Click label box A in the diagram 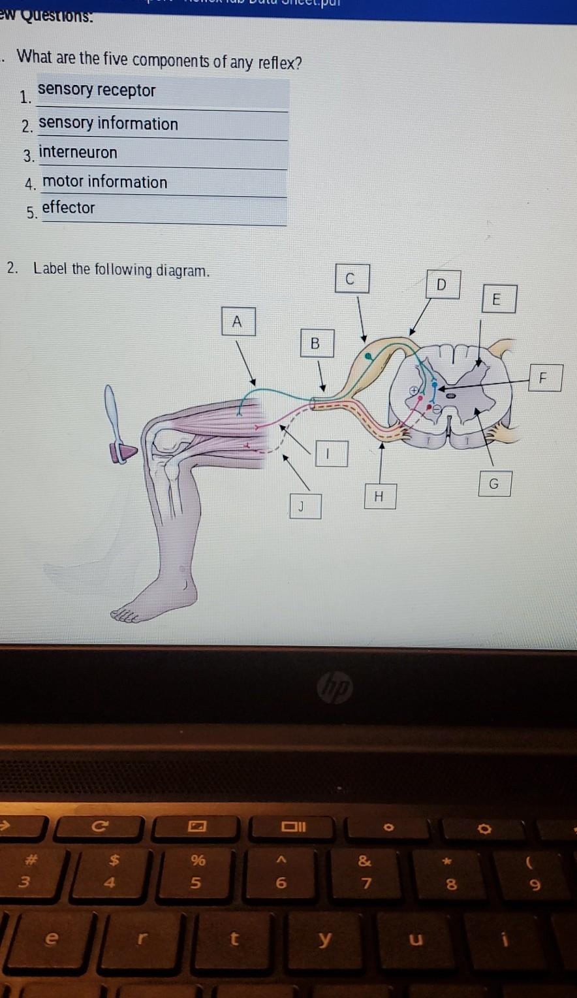click(238, 322)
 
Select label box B click(317, 344)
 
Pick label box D click(442, 285)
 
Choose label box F click(543, 378)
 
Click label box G click(494, 484)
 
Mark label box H click(379, 496)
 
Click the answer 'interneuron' click(78, 153)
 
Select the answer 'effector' click(69, 208)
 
